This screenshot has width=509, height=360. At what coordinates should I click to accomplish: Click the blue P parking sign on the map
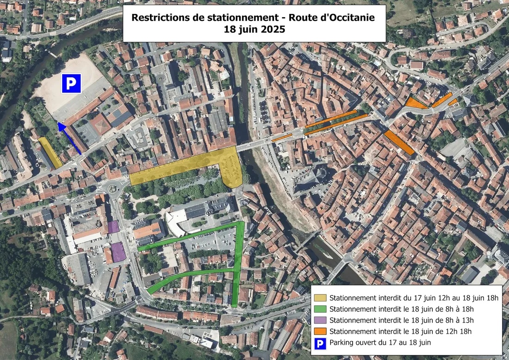coord(71,83)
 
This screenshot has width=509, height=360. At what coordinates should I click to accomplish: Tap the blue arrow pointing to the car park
coord(69,138)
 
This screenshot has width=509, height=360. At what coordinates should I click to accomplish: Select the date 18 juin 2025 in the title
coord(254,29)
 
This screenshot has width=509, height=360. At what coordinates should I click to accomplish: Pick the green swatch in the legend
coord(320,309)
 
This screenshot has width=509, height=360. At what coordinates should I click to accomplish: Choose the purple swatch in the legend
coord(320,320)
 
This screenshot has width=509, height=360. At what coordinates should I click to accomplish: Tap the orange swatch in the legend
coord(320,331)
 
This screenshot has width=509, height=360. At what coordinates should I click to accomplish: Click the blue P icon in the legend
coord(320,343)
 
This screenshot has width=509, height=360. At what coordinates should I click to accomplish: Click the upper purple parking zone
coord(113,227)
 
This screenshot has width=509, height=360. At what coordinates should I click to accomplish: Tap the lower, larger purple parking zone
coord(118,252)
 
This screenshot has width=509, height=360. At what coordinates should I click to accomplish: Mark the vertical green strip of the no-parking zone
coord(238,264)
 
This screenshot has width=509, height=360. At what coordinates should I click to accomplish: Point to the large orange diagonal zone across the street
coord(399,142)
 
